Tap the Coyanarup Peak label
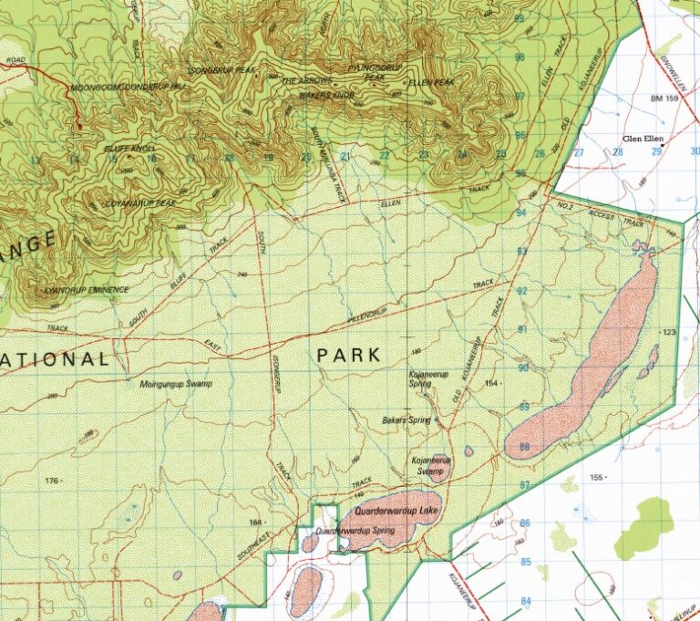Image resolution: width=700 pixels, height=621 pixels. point(140,202)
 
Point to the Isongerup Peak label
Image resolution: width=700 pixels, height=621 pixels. point(222,69)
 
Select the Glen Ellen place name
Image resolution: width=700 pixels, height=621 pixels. point(643,139)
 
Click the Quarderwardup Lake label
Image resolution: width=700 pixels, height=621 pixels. point(396,512)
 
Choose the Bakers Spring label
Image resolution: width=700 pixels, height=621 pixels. point(407,420)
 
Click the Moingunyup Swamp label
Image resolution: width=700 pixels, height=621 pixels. point(176,384)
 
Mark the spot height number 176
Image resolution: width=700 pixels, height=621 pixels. point(51,481)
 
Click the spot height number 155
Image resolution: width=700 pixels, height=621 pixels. point(598,478)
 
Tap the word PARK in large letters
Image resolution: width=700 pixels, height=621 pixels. point(349,356)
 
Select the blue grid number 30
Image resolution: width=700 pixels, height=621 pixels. point(695,151)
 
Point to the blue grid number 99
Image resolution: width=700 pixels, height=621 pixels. point(520,18)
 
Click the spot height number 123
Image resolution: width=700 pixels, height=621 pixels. point(671,332)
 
